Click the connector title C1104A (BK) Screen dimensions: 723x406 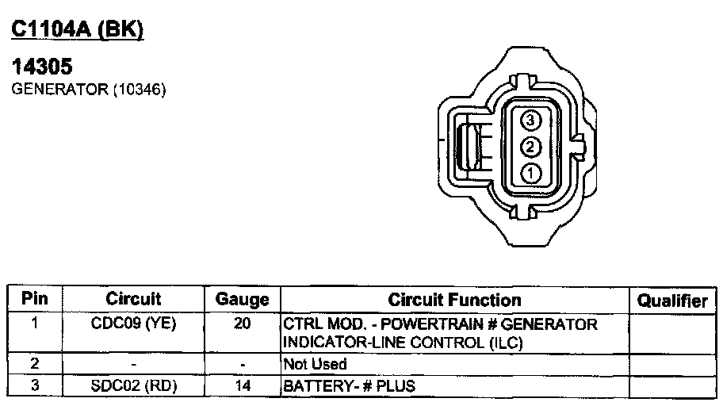click(78, 30)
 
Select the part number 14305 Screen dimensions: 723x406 click(42, 67)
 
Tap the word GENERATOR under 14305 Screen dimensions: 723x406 click(59, 89)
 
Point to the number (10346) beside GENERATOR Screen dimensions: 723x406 click(140, 89)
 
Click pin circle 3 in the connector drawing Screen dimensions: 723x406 click(530, 120)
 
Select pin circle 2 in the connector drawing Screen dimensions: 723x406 click(530, 147)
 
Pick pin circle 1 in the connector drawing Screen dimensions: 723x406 click(530, 174)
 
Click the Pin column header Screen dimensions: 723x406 click(35, 298)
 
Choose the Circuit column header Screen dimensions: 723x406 click(133, 298)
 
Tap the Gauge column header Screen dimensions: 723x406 click(242, 300)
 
